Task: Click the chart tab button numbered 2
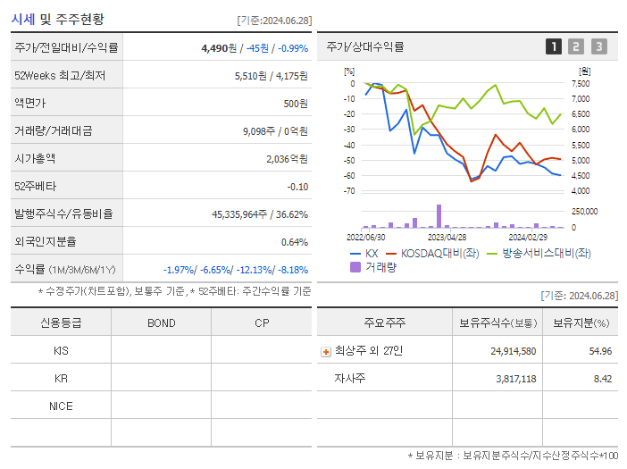[576, 46]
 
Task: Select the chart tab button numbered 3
[598, 46]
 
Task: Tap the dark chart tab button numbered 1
[554, 46]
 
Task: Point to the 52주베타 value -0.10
[297, 186]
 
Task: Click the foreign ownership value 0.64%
[294, 241]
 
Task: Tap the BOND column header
[161, 322]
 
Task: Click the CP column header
[262, 322]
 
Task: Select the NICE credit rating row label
[61, 406]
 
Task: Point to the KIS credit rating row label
[61, 351]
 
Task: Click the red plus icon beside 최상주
[325, 351]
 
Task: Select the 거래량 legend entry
[372, 267]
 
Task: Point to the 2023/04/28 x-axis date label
[447, 237]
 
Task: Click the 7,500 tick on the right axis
[580, 83]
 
